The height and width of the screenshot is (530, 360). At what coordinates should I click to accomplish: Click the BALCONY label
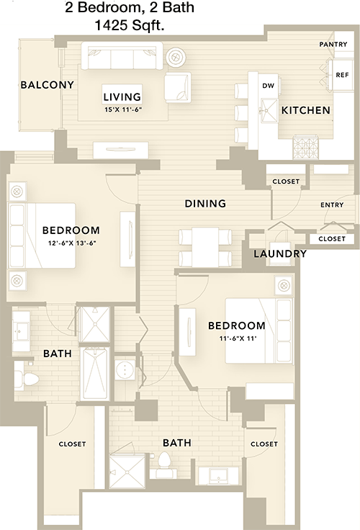coord(48,85)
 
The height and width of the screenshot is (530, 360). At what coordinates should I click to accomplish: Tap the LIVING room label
coord(122,97)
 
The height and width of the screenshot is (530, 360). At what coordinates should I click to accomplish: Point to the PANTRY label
coord(333,44)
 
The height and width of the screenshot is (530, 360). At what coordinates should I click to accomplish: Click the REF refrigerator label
coord(342,75)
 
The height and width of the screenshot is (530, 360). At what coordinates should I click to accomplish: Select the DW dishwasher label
coord(268,86)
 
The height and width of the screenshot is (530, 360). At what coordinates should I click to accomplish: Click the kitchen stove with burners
coord(306,147)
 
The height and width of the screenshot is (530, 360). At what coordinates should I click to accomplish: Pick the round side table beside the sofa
coord(176,57)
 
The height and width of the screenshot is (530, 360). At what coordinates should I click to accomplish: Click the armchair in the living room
coord(177,88)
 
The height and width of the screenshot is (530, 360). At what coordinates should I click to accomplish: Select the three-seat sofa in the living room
coord(122,55)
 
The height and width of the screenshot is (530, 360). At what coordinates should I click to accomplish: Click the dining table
coord(205,247)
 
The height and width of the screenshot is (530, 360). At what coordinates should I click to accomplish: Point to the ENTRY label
coord(332,205)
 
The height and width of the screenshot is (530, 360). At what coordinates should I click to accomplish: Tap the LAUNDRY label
coord(280,254)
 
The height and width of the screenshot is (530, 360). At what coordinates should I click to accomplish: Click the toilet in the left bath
coord(27,380)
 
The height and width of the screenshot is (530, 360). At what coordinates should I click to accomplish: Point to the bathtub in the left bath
coord(94,373)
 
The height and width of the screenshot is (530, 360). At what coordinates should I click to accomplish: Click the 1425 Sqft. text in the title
coord(130,26)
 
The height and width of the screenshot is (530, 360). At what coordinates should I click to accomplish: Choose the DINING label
coord(205,204)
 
